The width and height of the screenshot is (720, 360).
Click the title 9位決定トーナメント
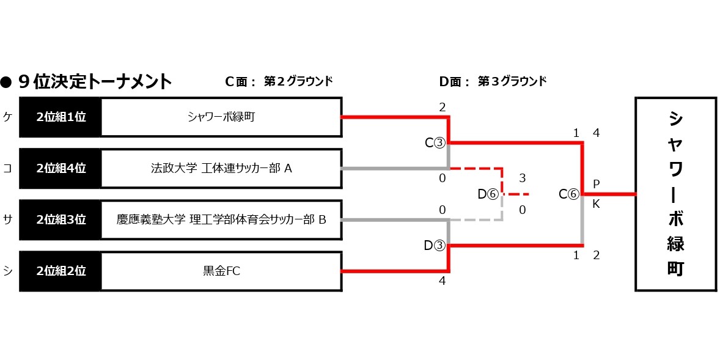coord(95,81)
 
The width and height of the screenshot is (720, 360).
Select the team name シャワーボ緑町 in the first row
coord(221,117)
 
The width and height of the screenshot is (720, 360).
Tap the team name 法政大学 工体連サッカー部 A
coord(221,167)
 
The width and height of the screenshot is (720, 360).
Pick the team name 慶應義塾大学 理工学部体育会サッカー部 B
coord(221,219)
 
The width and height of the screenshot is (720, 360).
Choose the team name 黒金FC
coord(221,270)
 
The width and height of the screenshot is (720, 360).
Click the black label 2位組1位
coord(61,117)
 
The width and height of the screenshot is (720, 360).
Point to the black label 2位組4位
coord(61,167)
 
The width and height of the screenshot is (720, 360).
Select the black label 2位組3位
coord(61,219)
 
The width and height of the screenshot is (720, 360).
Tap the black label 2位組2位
coord(61,270)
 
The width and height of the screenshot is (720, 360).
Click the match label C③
coord(435,143)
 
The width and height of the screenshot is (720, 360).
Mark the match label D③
coord(435,246)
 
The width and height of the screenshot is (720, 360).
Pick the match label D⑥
coord(488,194)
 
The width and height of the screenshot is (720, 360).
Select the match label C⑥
coord(568,194)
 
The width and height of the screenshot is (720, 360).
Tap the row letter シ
coord(7,271)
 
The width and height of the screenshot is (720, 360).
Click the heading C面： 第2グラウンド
coord(279,81)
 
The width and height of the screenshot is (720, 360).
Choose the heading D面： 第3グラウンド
coord(493,81)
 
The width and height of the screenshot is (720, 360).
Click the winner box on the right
coord(675,194)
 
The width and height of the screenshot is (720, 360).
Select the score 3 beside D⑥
coord(522,178)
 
